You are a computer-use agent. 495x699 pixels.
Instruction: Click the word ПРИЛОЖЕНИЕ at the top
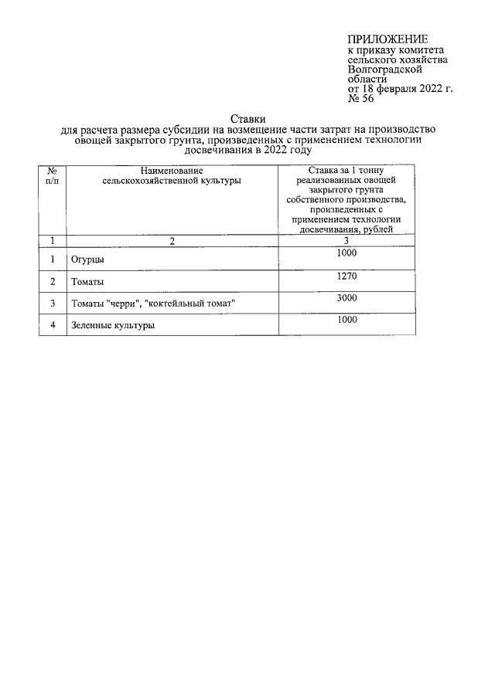tap(387, 40)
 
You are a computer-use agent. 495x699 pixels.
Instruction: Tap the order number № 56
tap(360, 100)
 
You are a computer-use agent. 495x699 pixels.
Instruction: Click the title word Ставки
tap(248, 117)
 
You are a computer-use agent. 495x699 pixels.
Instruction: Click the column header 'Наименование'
tap(171, 170)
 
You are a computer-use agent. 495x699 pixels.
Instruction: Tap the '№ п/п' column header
tap(52, 175)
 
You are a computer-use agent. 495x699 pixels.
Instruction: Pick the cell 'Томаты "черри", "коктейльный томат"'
tap(152, 304)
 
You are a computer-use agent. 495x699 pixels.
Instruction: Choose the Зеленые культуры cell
tap(112, 326)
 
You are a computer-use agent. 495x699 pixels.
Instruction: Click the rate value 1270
tap(346, 275)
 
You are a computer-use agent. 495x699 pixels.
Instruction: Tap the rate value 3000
tap(346, 297)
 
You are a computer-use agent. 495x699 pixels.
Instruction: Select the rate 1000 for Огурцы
tap(346, 253)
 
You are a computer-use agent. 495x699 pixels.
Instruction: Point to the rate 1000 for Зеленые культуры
tap(346, 319)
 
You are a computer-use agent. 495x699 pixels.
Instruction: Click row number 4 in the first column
tap(53, 325)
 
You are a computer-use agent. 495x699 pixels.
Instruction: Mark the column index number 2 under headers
tap(173, 240)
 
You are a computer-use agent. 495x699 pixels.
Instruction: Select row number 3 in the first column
tap(53, 304)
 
